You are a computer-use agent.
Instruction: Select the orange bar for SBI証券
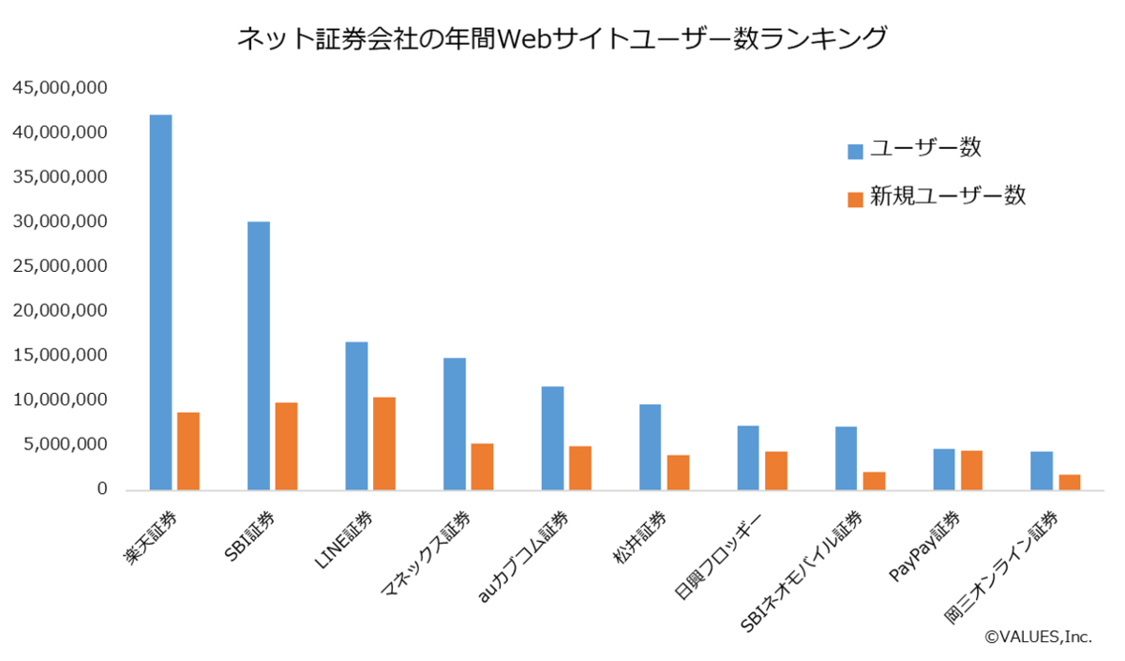coord(286,446)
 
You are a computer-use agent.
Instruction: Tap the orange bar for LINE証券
coord(383,443)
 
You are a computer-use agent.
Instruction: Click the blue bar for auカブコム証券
coord(552,438)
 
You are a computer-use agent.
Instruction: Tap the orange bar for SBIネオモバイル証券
coord(874,481)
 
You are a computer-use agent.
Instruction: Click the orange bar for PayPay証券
coord(971,470)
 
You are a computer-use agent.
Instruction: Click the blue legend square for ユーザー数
coord(855,151)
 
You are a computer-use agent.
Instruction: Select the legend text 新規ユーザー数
coord(948,197)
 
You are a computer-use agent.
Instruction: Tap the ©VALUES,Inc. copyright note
coord(1038,637)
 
